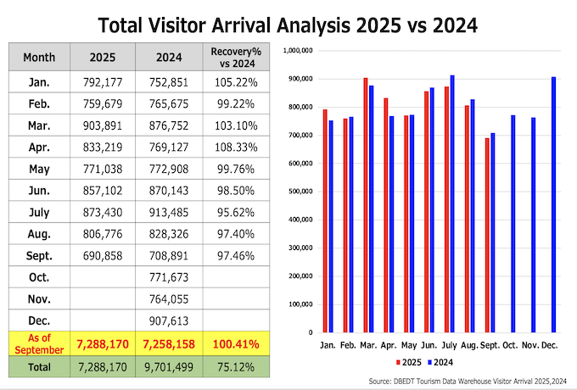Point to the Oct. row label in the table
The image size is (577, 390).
coord(39,277)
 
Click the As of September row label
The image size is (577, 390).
coord(39,343)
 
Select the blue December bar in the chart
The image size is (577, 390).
coord(553,204)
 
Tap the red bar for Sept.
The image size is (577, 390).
coord(487,235)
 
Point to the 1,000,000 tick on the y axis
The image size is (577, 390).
coord(297,51)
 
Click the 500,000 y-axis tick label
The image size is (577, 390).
coord(299,192)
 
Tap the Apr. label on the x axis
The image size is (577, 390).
coord(389,346)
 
